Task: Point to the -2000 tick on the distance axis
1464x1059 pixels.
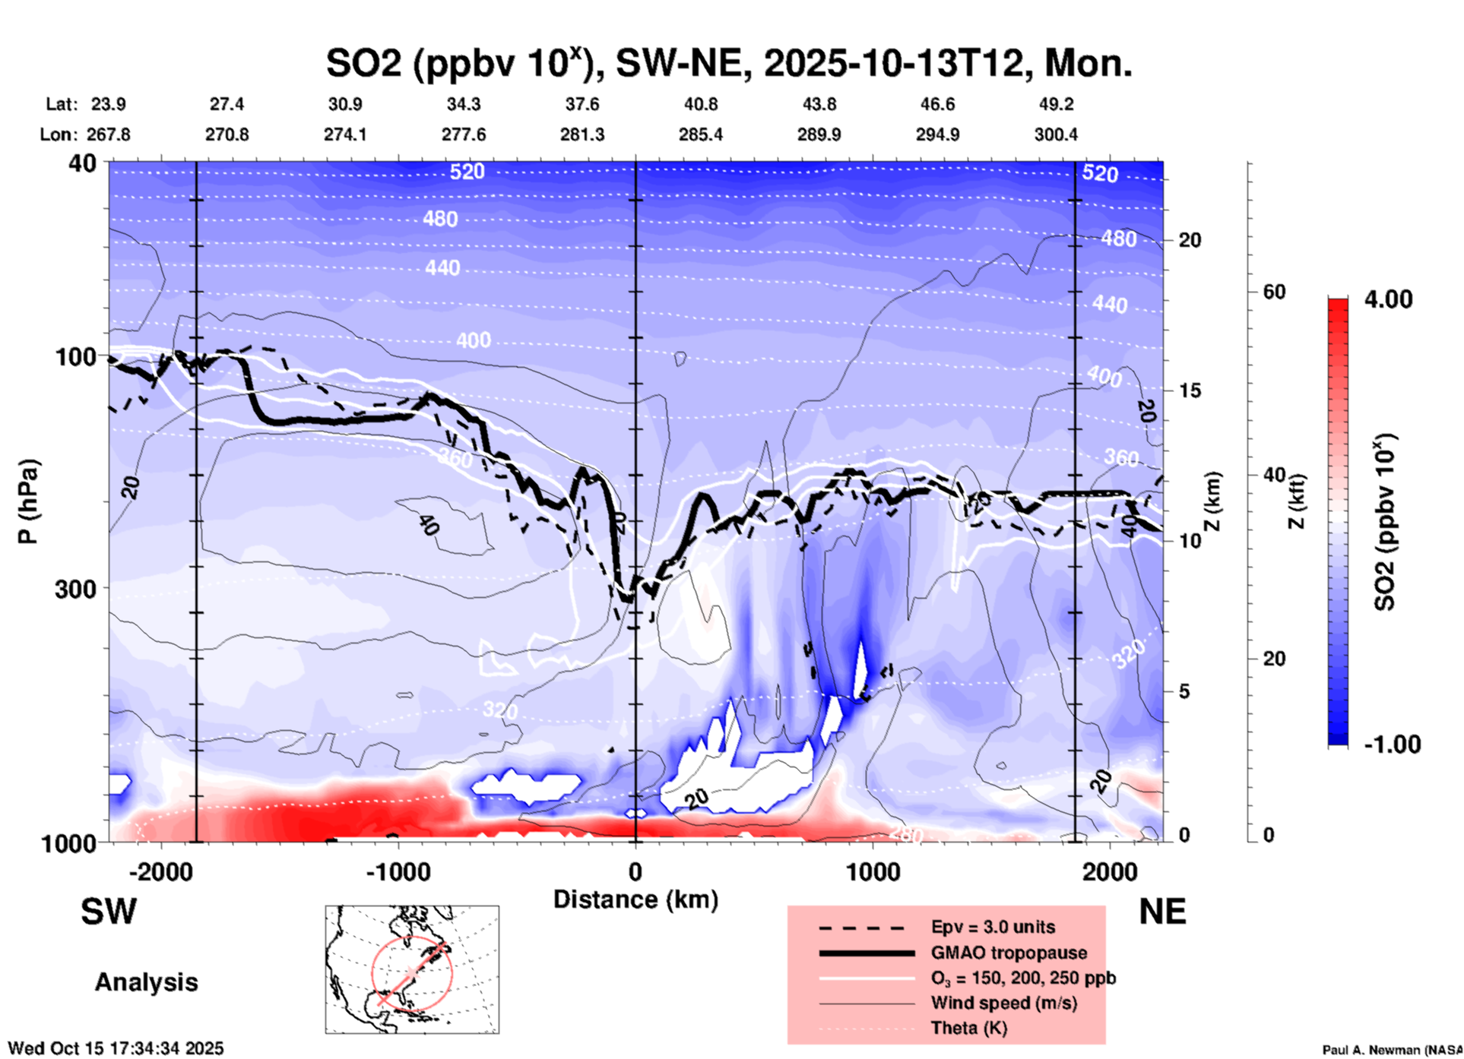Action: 161,872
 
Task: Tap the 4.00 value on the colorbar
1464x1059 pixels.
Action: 1388,299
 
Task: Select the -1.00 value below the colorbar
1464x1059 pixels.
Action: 1392,744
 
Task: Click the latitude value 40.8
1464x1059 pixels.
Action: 700,104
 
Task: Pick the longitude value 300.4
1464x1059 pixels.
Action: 1056,134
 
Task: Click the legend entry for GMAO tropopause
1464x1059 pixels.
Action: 1009,953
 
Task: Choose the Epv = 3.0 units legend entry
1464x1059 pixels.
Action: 993,927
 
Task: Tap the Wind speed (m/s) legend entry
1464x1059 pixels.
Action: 1003,1003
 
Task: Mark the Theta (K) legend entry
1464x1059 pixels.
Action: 968,1028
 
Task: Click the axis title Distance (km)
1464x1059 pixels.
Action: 635,899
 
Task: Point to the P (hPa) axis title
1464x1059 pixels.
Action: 28,501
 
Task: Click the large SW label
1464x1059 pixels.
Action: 109,912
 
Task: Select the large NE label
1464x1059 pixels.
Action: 1161,912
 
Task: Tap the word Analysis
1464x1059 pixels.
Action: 146,982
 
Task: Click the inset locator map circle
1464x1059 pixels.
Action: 412,972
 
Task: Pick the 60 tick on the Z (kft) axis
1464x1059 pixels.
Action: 1274,292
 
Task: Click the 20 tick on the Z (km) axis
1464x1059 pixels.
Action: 1190,240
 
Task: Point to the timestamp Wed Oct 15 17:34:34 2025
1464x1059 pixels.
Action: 116,1048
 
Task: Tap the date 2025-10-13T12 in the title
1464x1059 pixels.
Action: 894,64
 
